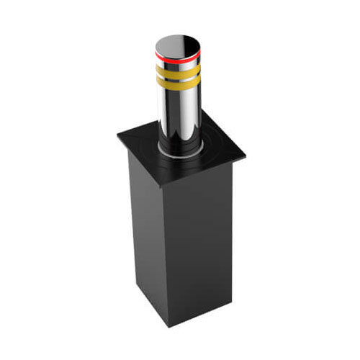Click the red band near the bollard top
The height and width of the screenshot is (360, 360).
coord(176,53)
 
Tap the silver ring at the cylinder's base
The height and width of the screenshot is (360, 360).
coord(176,153)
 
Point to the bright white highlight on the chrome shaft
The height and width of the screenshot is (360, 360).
coord(167,108)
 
